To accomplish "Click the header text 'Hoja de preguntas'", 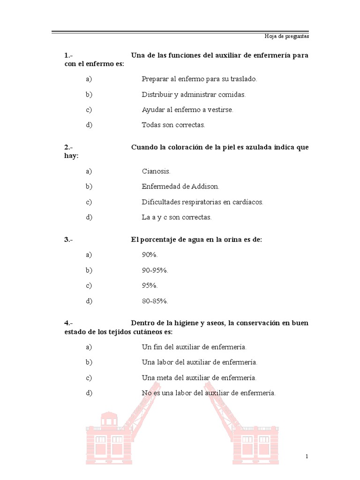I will [287, 36].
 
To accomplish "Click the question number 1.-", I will [69, 55].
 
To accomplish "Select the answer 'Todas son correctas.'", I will [173, 125].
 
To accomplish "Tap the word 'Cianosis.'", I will [156, 171].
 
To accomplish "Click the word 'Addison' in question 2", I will [205, 187].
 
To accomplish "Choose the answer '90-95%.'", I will [155, 270].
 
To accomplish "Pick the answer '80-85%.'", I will [155, 301].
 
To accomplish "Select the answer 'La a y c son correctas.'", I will [177, 217].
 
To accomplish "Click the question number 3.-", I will [69, 240].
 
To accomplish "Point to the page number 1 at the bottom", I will [307, 457].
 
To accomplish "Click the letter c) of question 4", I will [89, 378].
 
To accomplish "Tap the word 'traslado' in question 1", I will [243, 79].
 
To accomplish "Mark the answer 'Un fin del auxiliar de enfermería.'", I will [194, 347].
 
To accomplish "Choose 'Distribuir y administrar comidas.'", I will [194, 95].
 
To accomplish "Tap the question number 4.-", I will [69, 323].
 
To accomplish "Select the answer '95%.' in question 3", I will [150, 285].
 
